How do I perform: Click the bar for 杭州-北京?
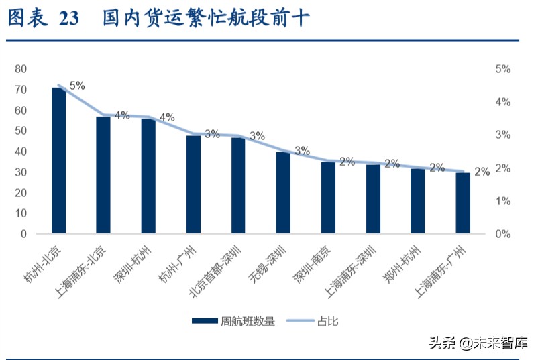click(x=59, y=161)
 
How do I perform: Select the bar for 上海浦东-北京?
click(x=103, y=176)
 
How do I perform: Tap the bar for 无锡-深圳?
click(x=283, y=193)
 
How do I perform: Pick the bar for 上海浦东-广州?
click(x=463, y=203)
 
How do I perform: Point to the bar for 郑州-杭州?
click(x=418, y=201)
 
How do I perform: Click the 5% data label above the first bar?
click(x=77, y=86)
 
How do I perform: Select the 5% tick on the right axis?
click(x=503, y=69)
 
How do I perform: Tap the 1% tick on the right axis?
click(x=503, y=201)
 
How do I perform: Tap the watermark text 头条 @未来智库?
click(x=477, y=343)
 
